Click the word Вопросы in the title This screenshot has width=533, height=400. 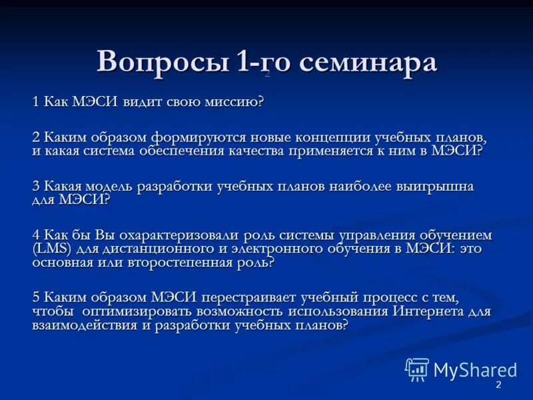point(162,62)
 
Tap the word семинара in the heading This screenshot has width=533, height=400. point(368,62)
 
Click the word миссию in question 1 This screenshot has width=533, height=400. point(230,101)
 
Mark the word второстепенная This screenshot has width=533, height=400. point(174,262)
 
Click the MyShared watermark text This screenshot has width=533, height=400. point(474,370)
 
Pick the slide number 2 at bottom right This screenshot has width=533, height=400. point(498,387)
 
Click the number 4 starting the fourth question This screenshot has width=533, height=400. point(37,235)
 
